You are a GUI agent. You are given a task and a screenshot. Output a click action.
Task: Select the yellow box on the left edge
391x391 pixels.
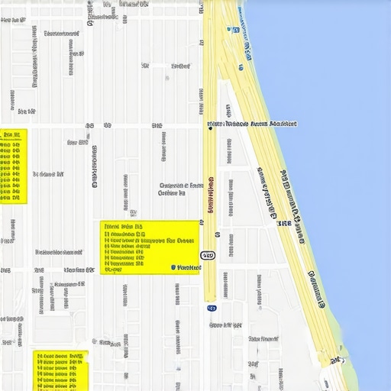(x=13, y=166)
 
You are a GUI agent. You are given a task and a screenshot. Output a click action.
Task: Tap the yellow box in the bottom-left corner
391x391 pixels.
(x=61, y=370)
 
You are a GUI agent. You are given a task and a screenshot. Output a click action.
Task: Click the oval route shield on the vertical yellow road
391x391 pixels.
(x=208, y=255)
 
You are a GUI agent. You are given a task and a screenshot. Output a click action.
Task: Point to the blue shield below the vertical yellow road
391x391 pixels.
(x=212, y=309)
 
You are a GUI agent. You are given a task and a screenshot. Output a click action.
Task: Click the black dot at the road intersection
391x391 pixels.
(x=209, y=128)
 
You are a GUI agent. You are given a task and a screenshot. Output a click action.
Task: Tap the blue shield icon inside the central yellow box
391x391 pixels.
(x=173, y=268)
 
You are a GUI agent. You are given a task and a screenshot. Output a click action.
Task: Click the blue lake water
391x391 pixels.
(x=336, y=115)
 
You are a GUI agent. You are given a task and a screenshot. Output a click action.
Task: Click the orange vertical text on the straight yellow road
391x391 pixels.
(x=210, y=196)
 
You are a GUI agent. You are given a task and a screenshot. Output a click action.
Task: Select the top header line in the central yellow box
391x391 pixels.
(x=124, y=228)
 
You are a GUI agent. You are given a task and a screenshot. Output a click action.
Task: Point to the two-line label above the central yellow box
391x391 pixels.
(x=182, y=189)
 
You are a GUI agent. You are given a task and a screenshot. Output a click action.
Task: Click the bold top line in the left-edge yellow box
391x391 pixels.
(x=11, y=134)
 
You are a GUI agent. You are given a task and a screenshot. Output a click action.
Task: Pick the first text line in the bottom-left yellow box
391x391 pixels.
(x=60, y=356)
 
